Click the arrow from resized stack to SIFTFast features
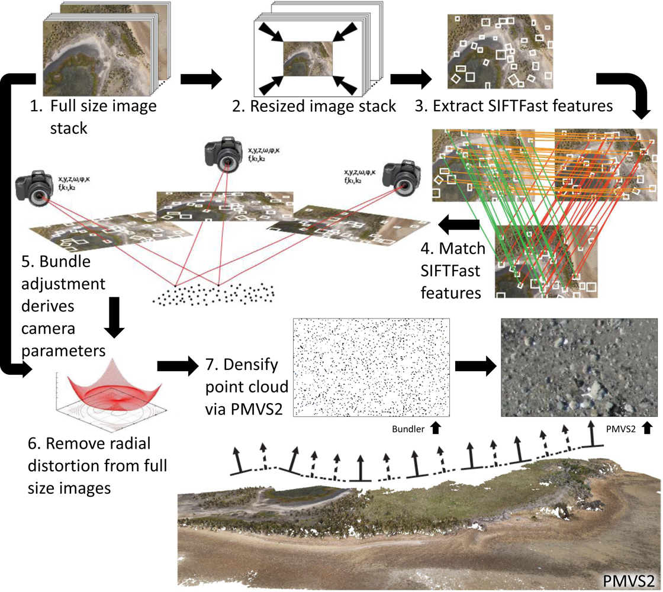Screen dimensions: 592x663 (x=410, y=79)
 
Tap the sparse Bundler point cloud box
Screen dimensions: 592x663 (x=372, y=368)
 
